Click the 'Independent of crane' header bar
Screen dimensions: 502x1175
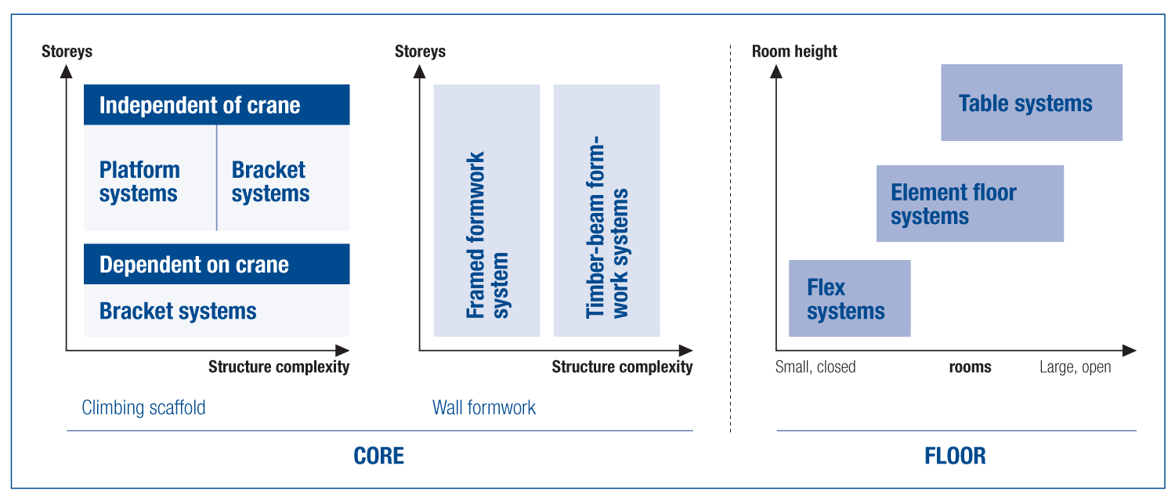coord(216,105)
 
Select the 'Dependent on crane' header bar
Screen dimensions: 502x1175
coord(216,265)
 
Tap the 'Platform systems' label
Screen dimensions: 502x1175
coord(139,182)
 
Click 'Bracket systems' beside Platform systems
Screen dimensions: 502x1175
coord(270,182)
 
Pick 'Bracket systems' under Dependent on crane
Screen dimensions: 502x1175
coord(178,311)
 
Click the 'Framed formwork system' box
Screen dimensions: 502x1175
coord(486,210)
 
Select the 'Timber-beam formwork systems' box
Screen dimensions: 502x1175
coord(606,210)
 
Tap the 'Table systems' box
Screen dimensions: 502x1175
coord(1031,103)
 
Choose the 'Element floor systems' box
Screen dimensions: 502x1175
coord(970,204)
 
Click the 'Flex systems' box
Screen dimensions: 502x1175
coord(849,298)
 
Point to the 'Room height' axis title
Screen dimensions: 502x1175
coord(794,52)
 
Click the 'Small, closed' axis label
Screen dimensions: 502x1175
coord(815,367)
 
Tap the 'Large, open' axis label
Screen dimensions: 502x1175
coord(1075,367)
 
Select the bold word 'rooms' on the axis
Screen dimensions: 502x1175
coord(970,367)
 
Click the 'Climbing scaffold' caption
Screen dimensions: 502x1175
coord(143,407)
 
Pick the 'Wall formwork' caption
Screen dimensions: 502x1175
coord(484,407)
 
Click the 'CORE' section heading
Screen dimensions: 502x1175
coord(379,456)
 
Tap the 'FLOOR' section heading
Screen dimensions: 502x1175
coord(956,456)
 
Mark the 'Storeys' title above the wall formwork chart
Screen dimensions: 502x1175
coord(420,52)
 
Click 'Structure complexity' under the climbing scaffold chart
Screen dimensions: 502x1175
coord(279,367)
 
